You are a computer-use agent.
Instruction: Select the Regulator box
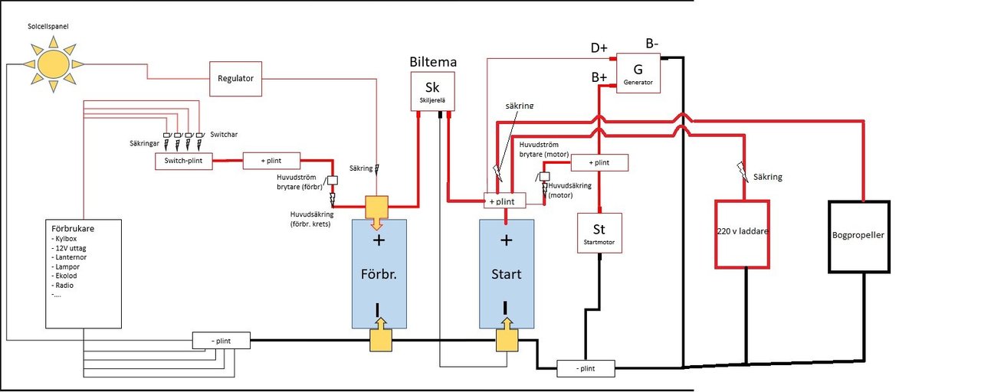tap(236, 78)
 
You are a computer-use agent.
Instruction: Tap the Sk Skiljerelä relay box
tap(434, 92)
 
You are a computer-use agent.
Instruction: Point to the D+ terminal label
tap(599, 48)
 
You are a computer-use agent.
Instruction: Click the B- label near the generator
tap(653, 44)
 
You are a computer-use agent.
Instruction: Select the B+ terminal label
tap(600, 77)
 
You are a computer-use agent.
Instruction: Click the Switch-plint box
tap(183, 162)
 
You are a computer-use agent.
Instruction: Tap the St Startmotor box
tap(599, 233)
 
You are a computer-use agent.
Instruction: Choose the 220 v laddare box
tap(742, 234)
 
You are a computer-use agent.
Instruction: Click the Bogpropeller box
tap(858, 236)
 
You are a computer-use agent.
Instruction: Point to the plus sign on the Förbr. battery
tap(378, 240)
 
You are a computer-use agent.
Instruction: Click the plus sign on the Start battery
tap(506, 240)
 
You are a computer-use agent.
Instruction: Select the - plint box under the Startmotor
tap(586, 368)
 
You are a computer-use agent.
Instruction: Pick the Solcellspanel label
tap(48, 27)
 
